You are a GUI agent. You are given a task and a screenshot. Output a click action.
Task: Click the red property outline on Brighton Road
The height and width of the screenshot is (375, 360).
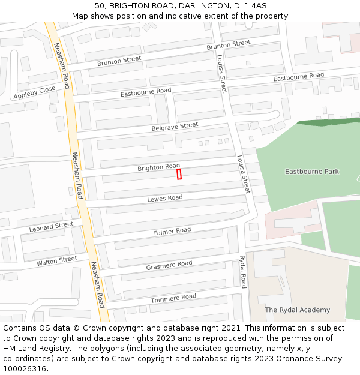click(x=179, y=173)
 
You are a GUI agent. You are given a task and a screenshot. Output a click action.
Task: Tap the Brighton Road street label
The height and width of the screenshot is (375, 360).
click(x=158, y=167)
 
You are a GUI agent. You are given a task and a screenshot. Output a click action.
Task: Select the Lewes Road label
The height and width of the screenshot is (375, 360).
click(x=165, y=198)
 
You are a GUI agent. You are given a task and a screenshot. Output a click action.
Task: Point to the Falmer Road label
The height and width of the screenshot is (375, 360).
click(x=172, y=231)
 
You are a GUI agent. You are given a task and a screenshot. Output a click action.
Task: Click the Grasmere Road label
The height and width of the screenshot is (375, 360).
click(x=169, y=265)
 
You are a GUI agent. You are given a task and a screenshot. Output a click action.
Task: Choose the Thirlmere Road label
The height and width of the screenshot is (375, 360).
click(x=173, y=298)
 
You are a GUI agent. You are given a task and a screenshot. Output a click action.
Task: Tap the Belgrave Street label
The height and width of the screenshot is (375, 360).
click(x=175, y=127)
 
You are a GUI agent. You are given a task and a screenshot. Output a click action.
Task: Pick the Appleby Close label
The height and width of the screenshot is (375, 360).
click(x=34, y=92)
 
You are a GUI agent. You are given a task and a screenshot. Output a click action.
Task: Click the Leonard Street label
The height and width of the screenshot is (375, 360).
click(x=51, y=227)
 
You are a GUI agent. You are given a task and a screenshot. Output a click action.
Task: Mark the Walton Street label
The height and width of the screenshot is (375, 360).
click(x=57, y=261)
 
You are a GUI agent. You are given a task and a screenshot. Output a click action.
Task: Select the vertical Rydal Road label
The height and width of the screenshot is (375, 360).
click(x=243, y=272)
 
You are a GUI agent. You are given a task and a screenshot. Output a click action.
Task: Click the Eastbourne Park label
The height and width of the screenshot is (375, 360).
click(x=311, y=172)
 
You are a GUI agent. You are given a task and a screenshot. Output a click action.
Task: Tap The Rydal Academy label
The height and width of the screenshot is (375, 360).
click(x=298, y=310)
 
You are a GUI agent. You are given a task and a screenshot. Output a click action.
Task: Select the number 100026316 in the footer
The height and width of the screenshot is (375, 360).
click(x=25, y=369)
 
